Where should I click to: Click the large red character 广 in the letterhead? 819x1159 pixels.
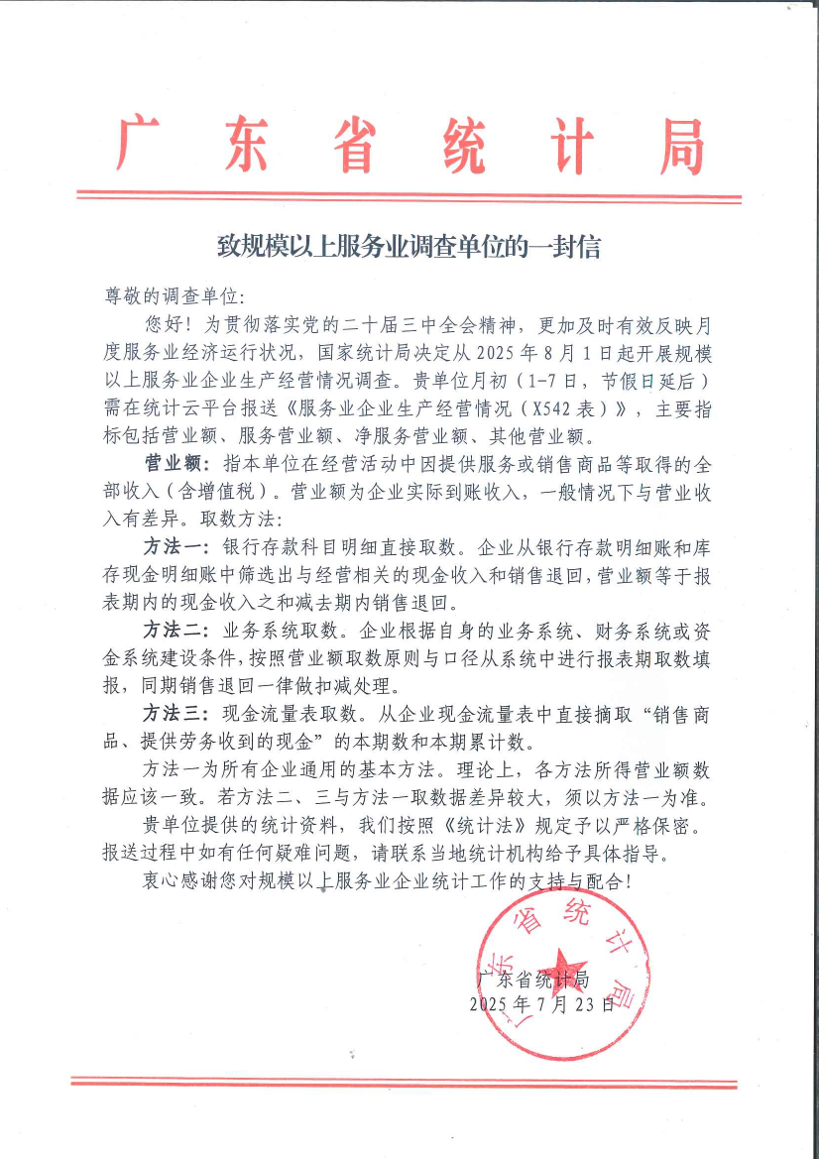(142, 144)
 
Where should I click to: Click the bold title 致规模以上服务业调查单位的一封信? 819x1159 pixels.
(409, 246)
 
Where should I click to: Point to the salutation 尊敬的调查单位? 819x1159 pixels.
(168, 295)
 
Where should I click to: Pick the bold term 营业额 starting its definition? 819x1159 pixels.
(172, 463)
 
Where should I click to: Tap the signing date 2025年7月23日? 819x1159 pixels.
(540, 1004)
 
